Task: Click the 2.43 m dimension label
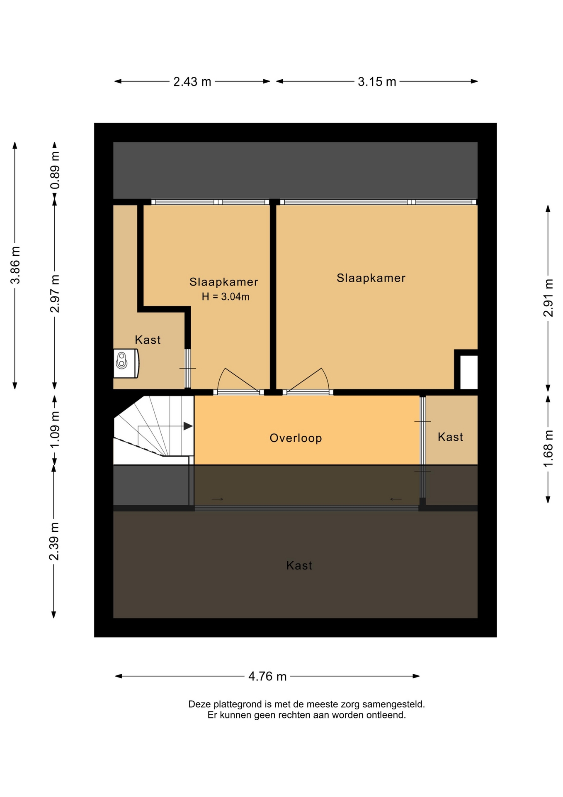pyautogui.click(x=192, y=82)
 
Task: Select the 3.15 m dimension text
pyautogui.click(x=377, y=82)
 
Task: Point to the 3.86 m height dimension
pyautogui.click(x=15, y=265)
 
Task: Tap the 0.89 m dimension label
pyautogui.click(x=55, y=170)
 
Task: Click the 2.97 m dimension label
pyautogui.click(x=55, y=293)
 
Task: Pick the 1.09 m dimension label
pyautogui.click(x=55, y=430)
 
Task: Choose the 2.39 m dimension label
pyautogui.click(x=54, y=541)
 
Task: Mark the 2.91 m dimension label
pyautogui.click(x=548, y=298)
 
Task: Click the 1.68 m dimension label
pyautogui.click(x=548, y=448)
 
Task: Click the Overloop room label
pyautogui.click(x=296, y=438)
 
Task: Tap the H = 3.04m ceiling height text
pyautogui.click(x=226, y=296)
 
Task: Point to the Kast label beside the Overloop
pyautogui.click(x=450, y=437)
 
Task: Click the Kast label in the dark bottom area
pyautogui.click(x=299, y=565)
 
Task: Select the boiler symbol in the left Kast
pyautogui.click(x=126, y=363)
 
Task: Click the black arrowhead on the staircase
pyautogui.click(x=188, y=426)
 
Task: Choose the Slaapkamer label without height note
pyautogui.click(x=371, y=278)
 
